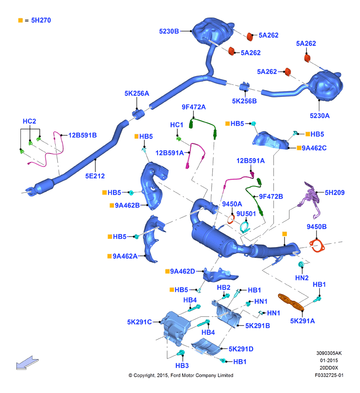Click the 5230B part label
[169, 31]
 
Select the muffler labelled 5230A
[325, 85]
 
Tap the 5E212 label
[95, 176]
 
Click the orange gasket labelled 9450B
[317, 246]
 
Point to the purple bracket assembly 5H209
[310, 199]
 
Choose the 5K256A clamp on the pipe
[139, 114]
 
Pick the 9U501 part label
[246, 214]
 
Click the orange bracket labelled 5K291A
[291, 302]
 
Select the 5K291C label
[139, 322]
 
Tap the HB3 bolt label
[182, 366]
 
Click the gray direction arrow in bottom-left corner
[27, 363]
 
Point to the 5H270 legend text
[41, 20]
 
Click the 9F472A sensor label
[194, 107]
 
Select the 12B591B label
[82, 135]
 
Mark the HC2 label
[29, 121]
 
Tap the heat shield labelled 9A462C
[270, 141]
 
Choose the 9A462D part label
[182, 271]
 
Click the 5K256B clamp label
[244, 101]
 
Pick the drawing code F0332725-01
[329, 375]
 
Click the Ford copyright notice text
[181, 375]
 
